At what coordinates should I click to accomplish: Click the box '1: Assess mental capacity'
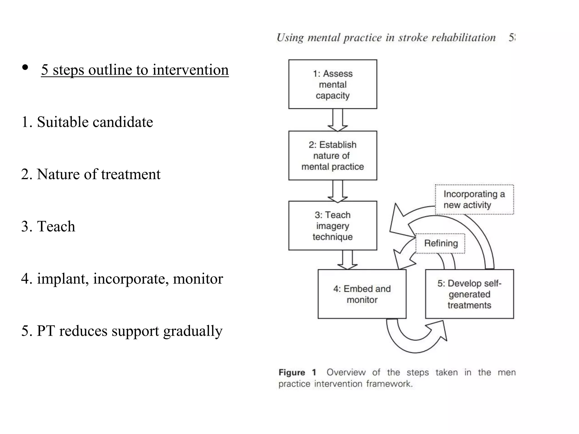(332, 84)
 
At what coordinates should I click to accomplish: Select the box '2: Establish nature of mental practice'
(332, 155)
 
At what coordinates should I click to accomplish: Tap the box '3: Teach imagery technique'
(332, 225)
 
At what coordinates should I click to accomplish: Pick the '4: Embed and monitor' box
(362, 294)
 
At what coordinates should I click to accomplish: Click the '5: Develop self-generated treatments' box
(469, 294)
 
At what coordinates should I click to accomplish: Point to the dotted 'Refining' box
(440, 243)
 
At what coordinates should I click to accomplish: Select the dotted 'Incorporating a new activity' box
(474, 199)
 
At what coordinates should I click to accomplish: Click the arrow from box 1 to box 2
(338, 120)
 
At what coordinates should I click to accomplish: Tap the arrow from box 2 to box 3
(338, 191)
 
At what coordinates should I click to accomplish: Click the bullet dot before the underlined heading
(25, 68)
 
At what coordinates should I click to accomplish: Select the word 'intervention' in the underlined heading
(190, 70)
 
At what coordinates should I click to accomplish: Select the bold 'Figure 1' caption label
(297, 372)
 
